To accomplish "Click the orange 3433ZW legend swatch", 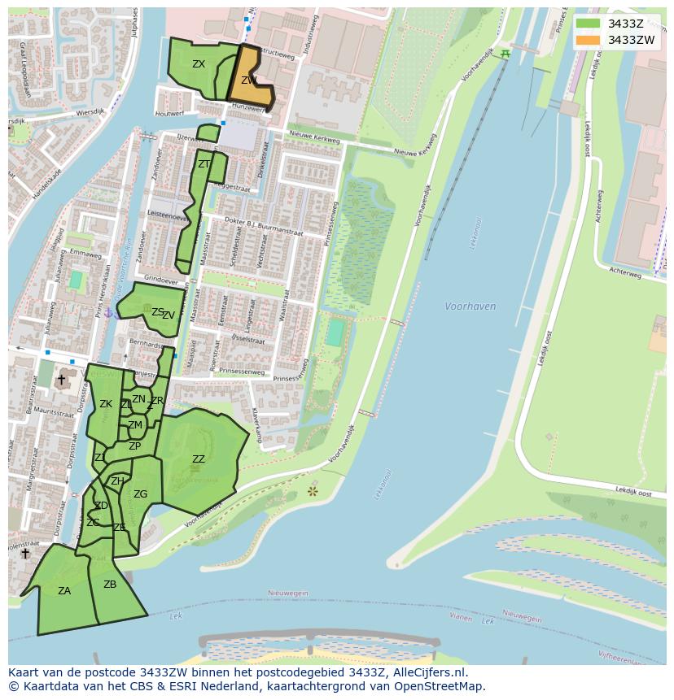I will pos(587,40).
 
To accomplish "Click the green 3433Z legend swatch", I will pos(587,24).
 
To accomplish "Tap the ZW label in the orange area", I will pos(249,80).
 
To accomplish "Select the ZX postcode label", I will pos(199,64).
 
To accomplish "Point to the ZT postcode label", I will pos(204,164).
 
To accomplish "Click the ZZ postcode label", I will pos(199,459).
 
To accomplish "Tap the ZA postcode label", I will pos(64,591).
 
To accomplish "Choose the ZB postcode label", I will pos(110,585).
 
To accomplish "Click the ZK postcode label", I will pos(106,404).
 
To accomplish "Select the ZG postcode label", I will pos(140,494).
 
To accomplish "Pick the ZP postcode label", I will pos(134,446).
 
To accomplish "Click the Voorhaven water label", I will pos(470,307).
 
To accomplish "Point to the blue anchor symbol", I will pos(108,313).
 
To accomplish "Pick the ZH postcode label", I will pos(117,481).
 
